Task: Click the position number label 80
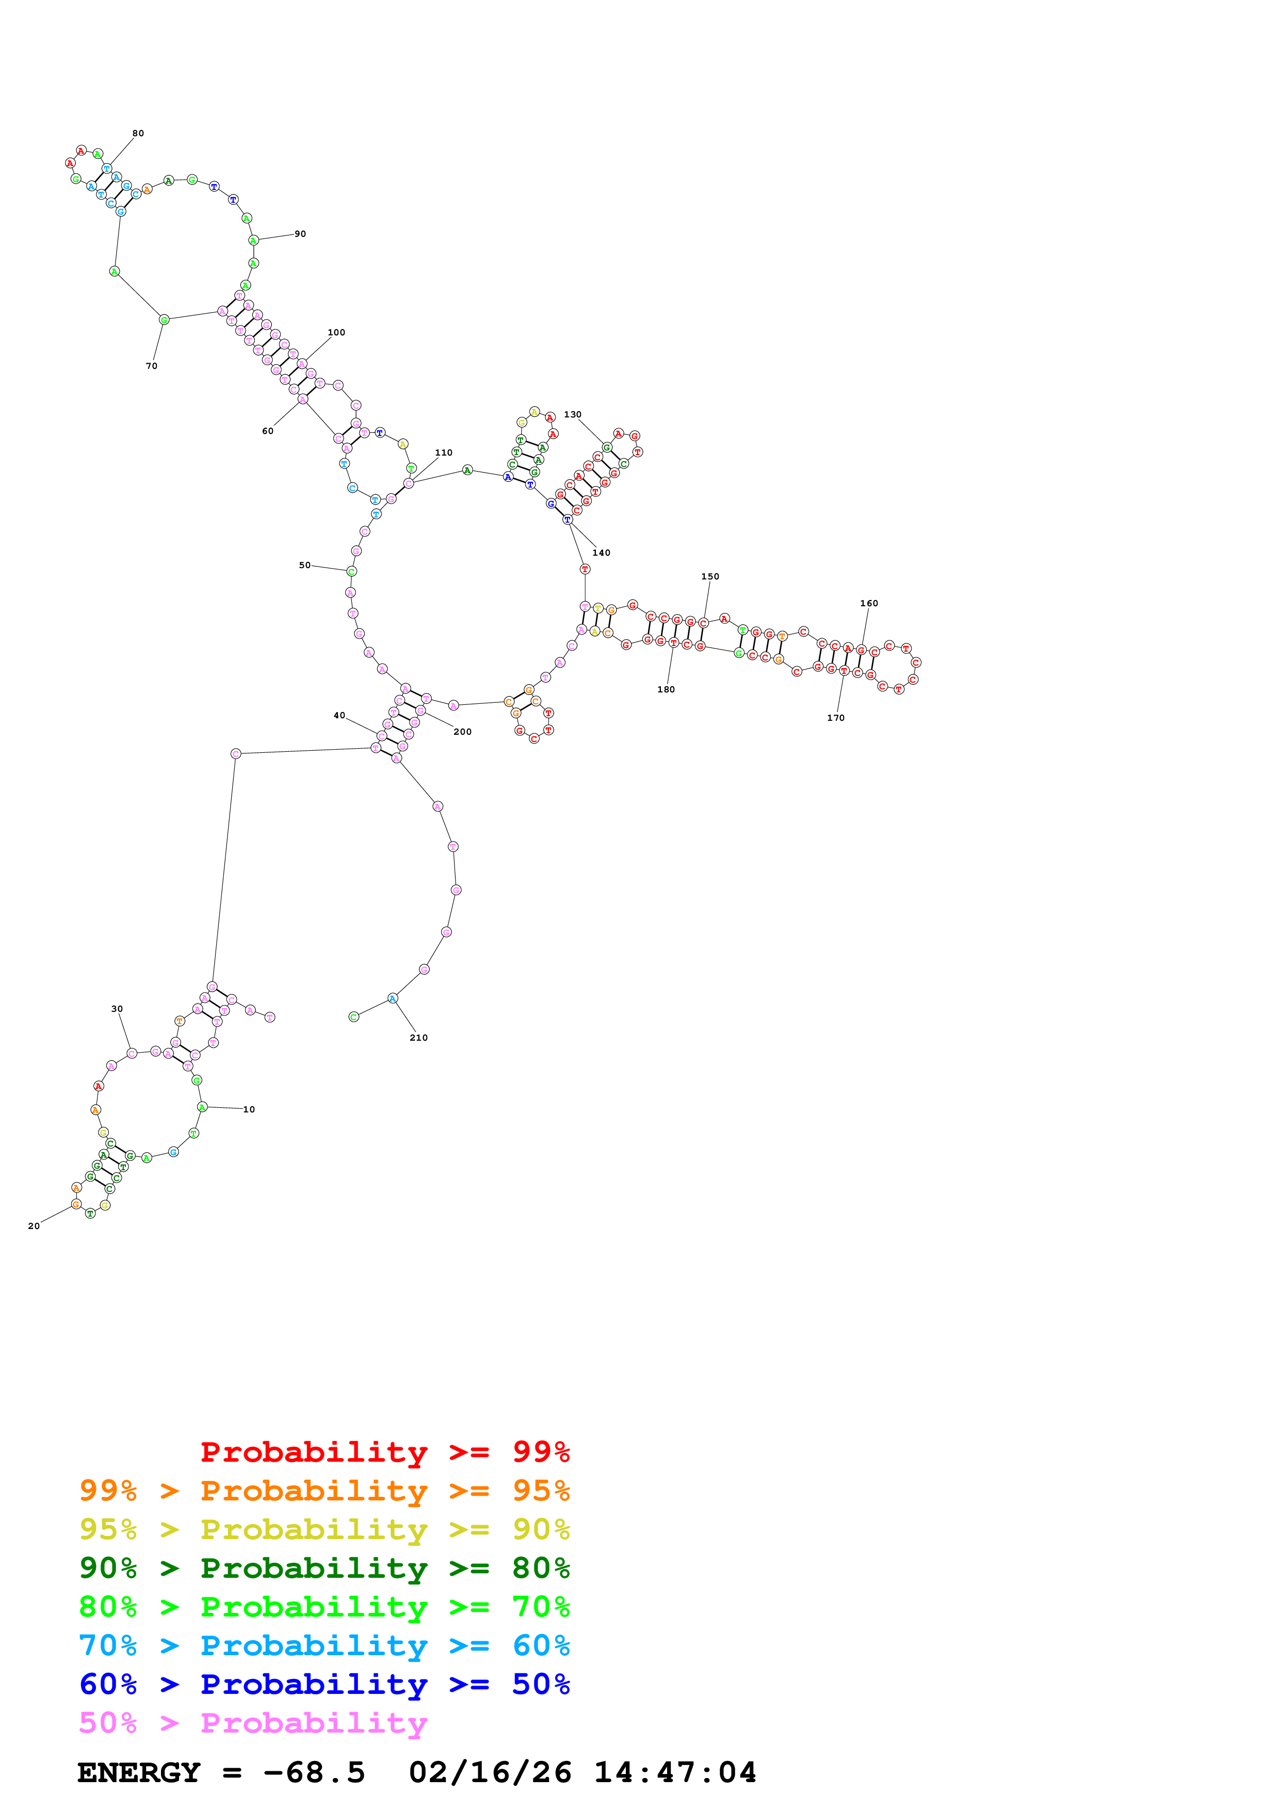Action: coord(138,133)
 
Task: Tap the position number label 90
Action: coord(300,234)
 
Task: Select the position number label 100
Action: coord(336,333)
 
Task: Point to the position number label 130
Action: coord(573,415)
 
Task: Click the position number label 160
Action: coord(869,604)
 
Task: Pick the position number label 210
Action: coord(418,1038)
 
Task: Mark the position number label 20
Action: coord(34,1226)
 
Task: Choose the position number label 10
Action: coord(249,1110)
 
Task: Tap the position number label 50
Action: coord(305,565)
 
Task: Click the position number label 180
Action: coord(666,690)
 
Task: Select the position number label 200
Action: coord(463,732)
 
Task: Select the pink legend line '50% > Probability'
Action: coord(253,1723)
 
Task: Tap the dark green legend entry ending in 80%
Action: coord(324,1568)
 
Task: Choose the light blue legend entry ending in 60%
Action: coord(324,1646)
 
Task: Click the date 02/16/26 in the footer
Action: coord(490,1773)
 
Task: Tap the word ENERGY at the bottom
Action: coord(139,1773)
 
